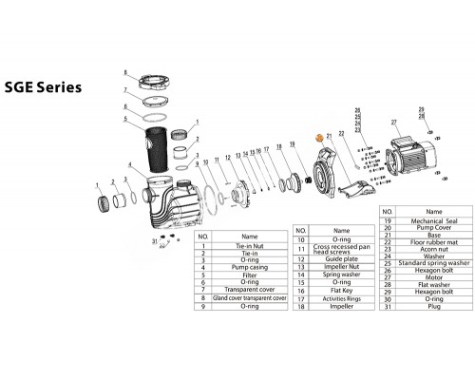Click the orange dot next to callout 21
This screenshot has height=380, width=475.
[x=319, y=140]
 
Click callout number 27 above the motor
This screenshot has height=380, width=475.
[x=392, y=123]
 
